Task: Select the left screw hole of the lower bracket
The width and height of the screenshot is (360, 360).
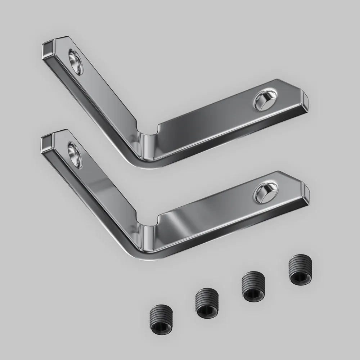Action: (75, 155)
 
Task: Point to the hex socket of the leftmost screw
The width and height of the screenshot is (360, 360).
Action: (161, 322)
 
